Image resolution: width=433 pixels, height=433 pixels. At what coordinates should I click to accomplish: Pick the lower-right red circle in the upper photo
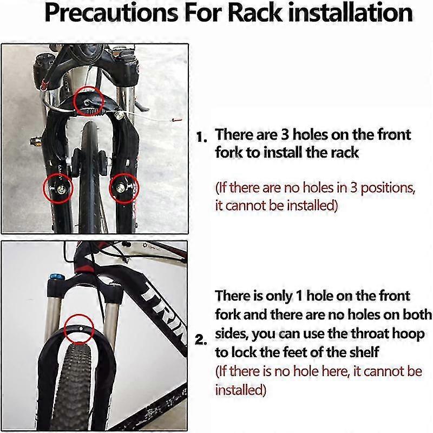coord(123,187)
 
